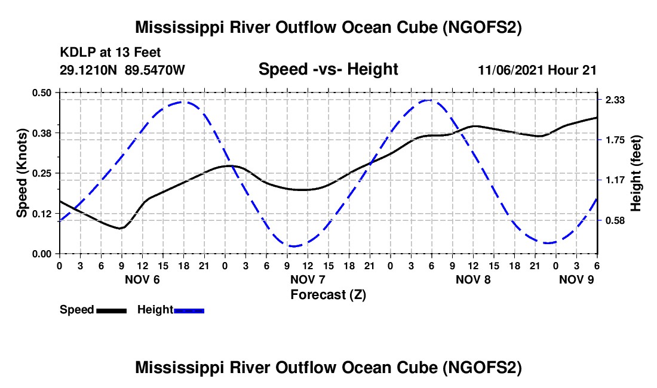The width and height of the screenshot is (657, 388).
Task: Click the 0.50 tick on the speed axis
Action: [x=41, y=93]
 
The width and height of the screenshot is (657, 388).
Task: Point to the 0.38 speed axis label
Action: [x=41, y=133]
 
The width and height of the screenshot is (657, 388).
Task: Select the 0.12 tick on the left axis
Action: [x=41, y=214]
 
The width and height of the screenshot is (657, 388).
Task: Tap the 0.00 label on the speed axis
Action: [x=41, y=254]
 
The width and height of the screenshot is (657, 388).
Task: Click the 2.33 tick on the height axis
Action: [x=615, y=100]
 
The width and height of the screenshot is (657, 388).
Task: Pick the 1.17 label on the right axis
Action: [x=615, y=180]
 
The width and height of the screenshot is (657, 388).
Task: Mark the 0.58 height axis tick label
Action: [x=615, y=220]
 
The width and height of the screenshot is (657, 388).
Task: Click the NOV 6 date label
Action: [x=143, y=279]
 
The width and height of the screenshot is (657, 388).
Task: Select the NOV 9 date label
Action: [x=576, y=279]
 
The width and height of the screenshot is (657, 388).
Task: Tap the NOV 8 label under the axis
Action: [x=473, y=279]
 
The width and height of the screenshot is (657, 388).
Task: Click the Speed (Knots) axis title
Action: [x=22, y=173]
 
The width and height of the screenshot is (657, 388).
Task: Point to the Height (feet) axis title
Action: [x=635, y=173]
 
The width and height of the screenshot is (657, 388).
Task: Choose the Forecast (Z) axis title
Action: [x=328, y=295]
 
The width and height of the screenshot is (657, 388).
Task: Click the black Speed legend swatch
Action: [x=112, y=310]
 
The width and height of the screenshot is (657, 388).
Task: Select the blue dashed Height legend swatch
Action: [x=189, y=310]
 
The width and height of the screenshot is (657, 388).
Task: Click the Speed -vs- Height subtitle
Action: [x=328, y=69]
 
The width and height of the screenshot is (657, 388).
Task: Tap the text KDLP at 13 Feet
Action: [x=110, y=53]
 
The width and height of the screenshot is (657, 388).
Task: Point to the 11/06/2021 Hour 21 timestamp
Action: [x=537, y=70]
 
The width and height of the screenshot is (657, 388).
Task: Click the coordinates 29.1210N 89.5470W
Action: [x=122, y=70]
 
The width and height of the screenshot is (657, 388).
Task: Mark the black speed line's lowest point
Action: [x=120, y=229]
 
